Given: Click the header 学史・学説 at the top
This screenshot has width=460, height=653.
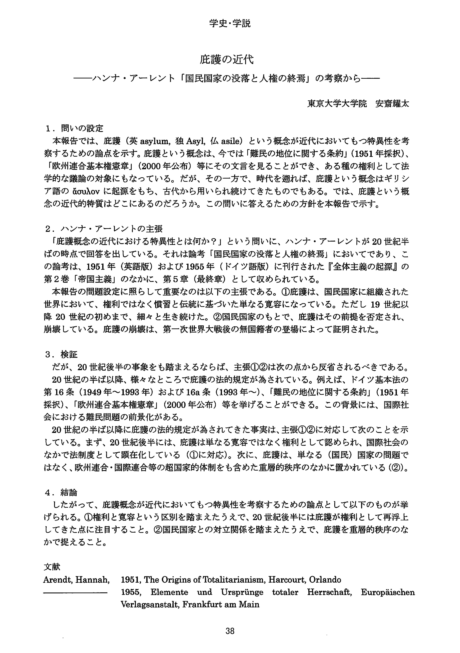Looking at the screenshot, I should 230,23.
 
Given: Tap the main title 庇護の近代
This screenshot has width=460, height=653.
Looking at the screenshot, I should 226,59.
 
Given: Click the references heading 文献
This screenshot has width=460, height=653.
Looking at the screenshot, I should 52,559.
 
